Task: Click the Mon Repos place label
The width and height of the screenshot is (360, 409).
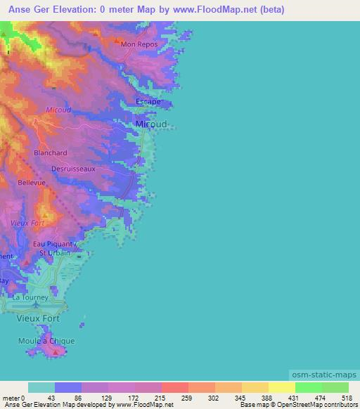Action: [138, 44]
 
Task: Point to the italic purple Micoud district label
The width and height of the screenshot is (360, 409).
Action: [58, 110]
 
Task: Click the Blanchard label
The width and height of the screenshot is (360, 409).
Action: [51, 152]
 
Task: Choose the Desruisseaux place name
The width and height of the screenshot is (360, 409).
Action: [73, 169]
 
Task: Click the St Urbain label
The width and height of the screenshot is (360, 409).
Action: [54, 253]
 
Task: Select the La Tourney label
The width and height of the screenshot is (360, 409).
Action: [31, 297]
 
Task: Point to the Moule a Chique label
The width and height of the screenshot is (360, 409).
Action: [46, 341]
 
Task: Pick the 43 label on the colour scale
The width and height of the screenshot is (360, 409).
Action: [51, 398]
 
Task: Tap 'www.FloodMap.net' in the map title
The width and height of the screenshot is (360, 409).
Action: [212, 10]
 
